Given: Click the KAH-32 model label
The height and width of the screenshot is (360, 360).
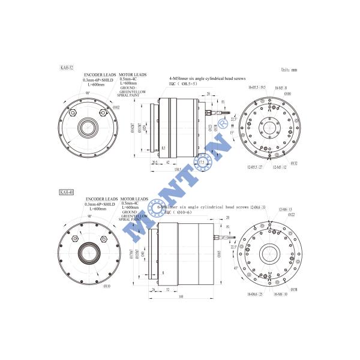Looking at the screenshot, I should (x=67, y=68).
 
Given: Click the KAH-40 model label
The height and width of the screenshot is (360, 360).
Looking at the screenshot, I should (x=67, y=192).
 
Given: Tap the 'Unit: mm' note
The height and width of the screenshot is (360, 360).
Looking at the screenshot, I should (x=289, y=70).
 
